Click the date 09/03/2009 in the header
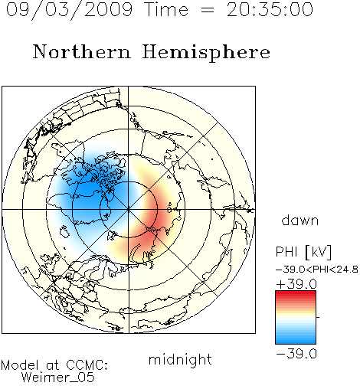[x=69, y=9]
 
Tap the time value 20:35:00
[x=270, y=9]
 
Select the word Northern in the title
[x=82, y=51]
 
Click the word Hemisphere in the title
[x=206, y=52]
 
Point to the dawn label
[x=300, y=220]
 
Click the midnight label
[x=180, y=360]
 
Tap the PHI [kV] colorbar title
[x=303, y=252]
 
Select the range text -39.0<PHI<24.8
[x=317, y=270]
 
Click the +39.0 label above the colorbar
[x=296, y=284]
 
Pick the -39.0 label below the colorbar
[x=296, y=354]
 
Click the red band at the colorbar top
[x=296, y=294]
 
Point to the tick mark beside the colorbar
[x=318, y=317]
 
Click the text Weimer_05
[x=58, y=378]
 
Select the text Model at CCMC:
[x=54, y=365]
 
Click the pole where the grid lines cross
[x=129, y=210]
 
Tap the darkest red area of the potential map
[x=151, y=213]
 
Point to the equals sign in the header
[x=208, y=10]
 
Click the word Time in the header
[x=167, y=9]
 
